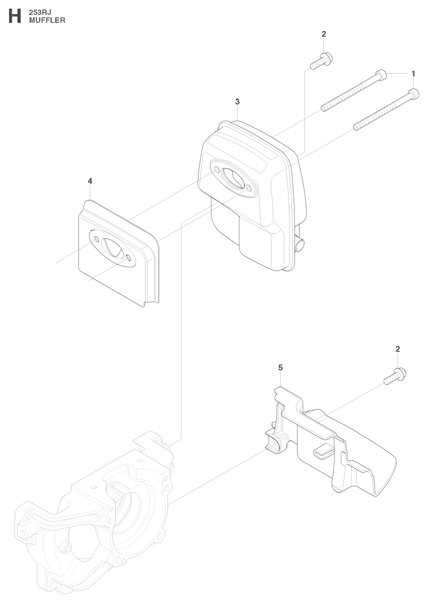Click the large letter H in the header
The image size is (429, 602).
(15, 16)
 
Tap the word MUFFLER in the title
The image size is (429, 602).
(47, 20)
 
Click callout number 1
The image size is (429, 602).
(413, 73)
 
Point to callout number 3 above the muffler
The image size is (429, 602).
(237, 102)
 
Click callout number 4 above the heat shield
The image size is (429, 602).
(90, 181)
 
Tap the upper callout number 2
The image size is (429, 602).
(324, 34)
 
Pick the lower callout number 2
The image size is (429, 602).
(398, 349)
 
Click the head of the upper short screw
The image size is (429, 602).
(327, 58)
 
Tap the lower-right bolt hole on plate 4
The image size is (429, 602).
(129, 258)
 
